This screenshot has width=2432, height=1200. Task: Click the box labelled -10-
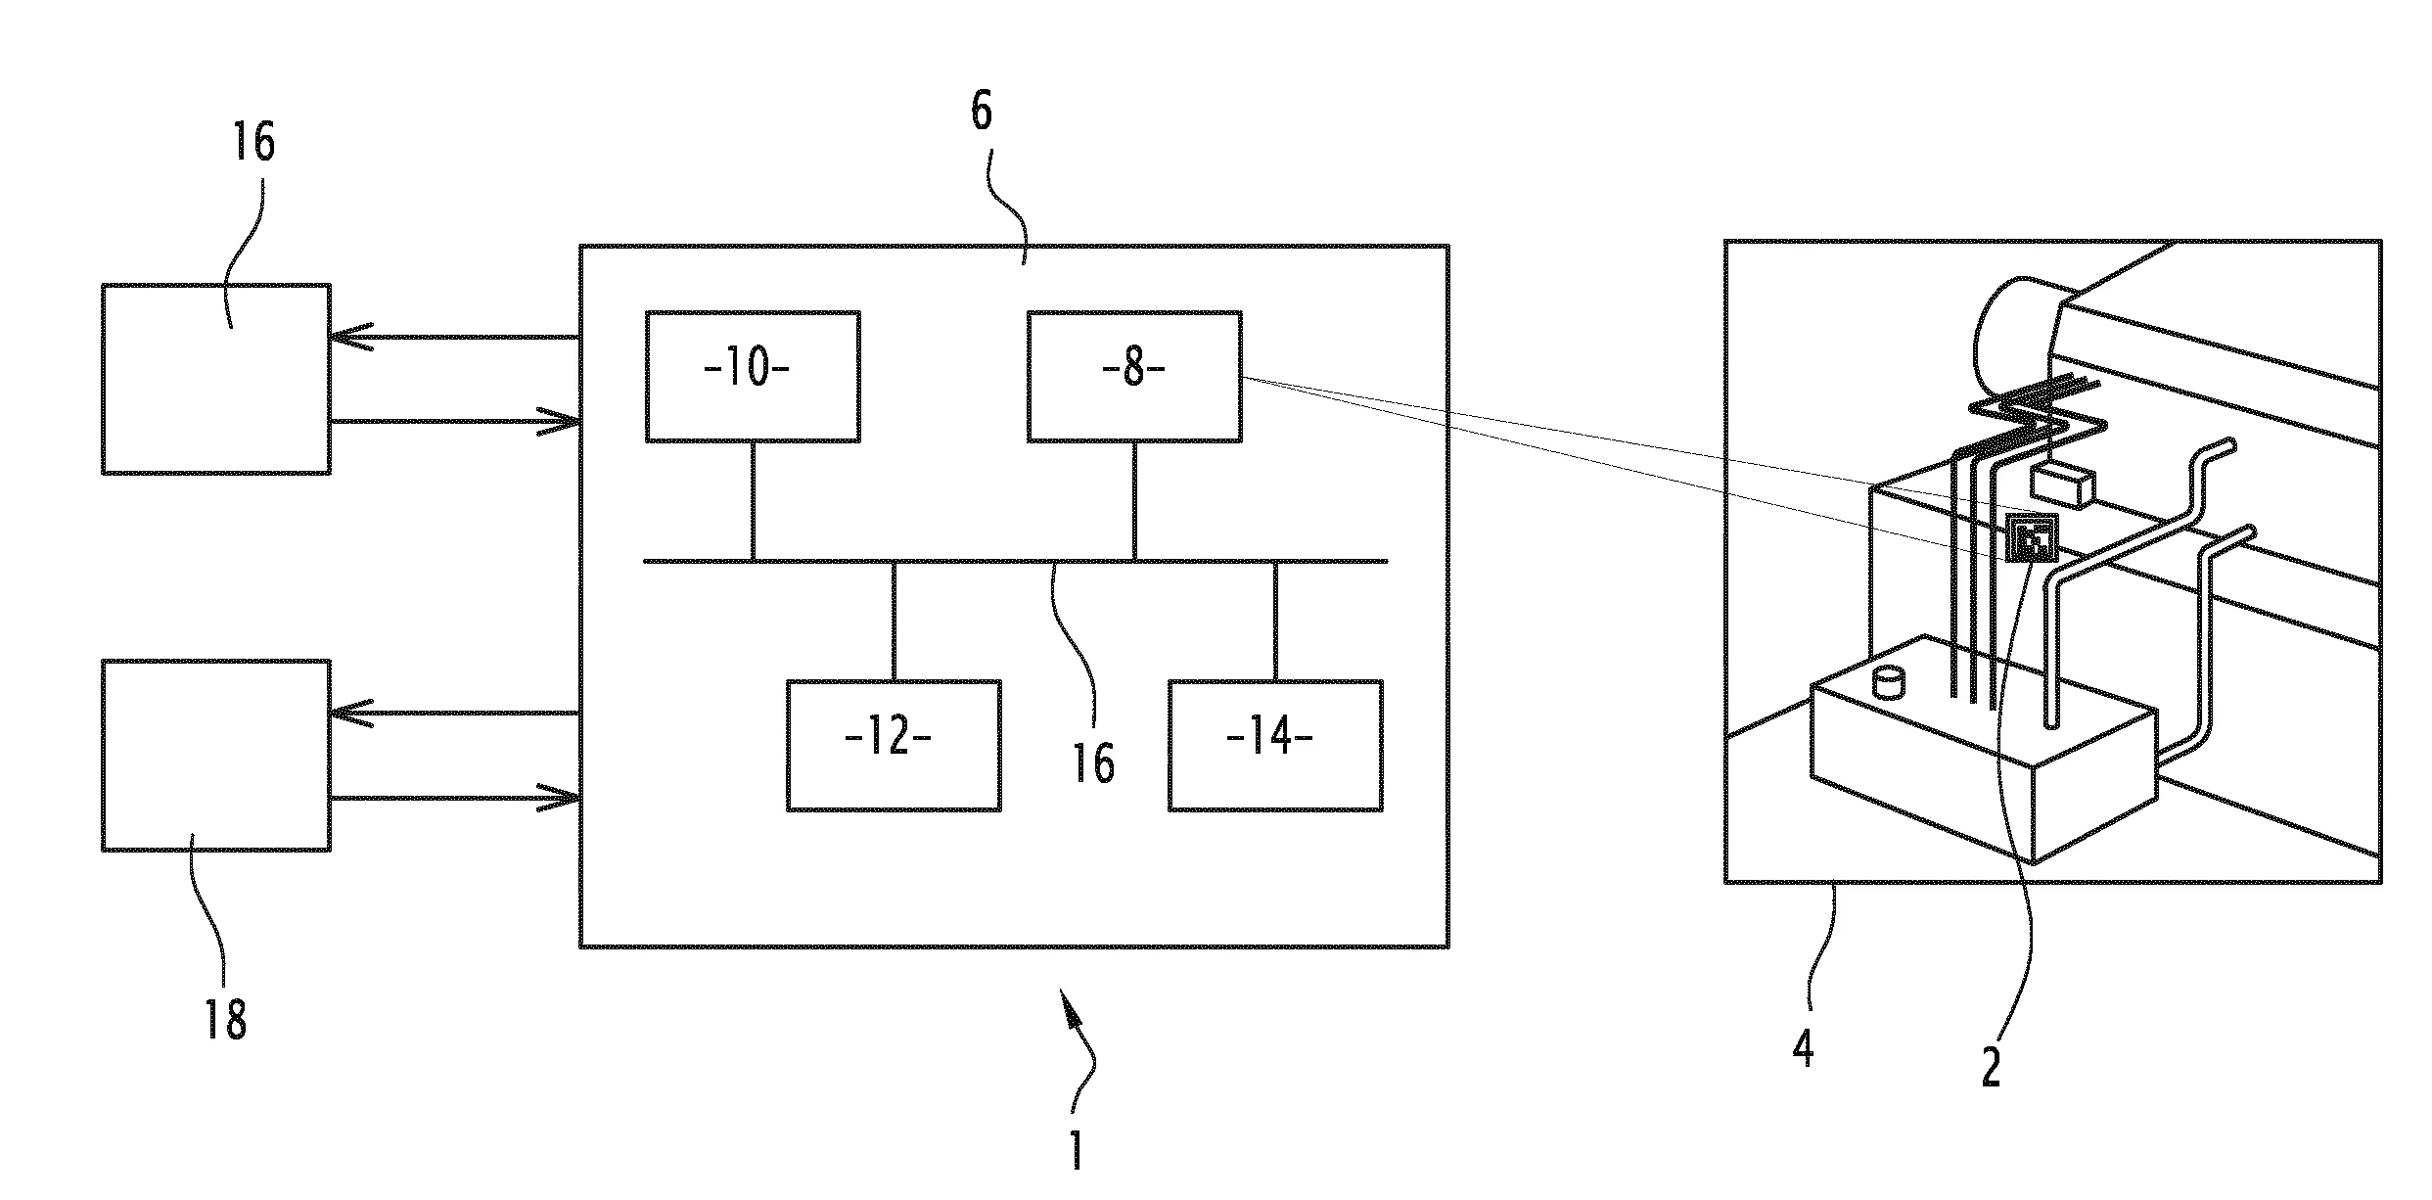[x=753, y=377]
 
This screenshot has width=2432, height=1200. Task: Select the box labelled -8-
[x=1134, y=377]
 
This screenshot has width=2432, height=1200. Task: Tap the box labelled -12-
[x=894, y=746]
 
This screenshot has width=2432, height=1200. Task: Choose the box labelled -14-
[x=1275, y=746]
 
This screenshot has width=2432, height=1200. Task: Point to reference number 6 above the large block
[x=982, y=112]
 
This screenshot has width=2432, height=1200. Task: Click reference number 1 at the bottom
[x=1077, y=1151]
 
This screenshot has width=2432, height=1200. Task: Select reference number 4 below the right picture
[x=1803, y=1047]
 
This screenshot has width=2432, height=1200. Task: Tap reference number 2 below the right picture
[x=1991, y=1068]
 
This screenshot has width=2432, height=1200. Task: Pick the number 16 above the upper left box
[x=253, y=142]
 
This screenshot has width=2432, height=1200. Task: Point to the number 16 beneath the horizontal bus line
[x=1093, y=764]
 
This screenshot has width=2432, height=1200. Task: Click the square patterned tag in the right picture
[x=2031, y=539]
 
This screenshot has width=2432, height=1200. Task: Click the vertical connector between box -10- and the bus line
[x=753, y=501]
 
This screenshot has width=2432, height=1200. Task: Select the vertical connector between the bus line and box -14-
[x=1275, y=621]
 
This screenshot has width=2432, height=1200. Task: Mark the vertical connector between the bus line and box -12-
[x=894, y=621]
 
